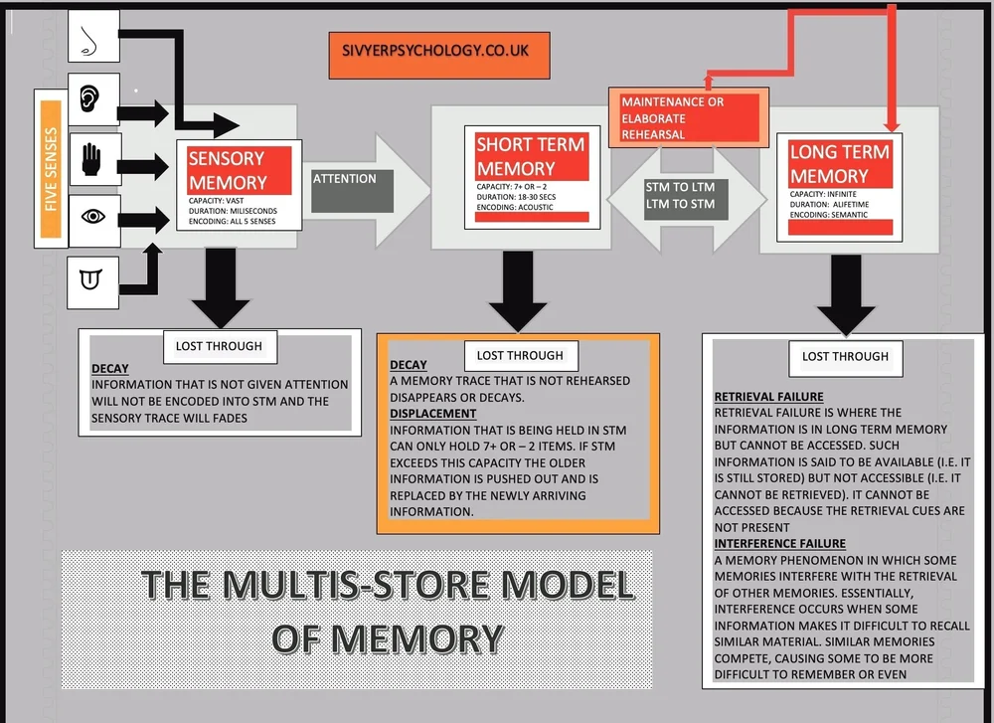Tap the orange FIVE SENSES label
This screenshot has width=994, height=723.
coord(51,167)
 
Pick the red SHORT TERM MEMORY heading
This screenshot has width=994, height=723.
coord(531,157)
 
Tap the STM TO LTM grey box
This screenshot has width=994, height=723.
coord(680,195)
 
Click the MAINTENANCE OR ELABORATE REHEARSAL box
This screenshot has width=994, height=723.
coord(688,117)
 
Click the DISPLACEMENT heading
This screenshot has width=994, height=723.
coord(432,414)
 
